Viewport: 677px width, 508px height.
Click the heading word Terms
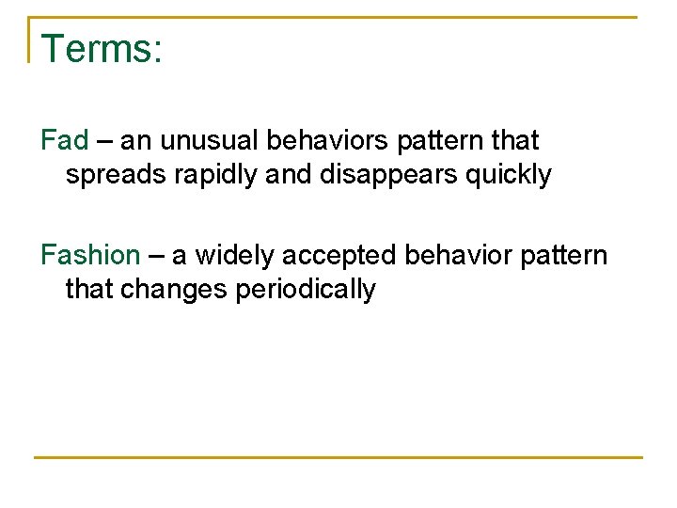pyautogui.click(x=102, y=49)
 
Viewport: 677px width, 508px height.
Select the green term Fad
pyautogui.click(x=64, y=141)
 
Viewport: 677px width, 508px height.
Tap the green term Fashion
pyautogui.click(x=89, y=255)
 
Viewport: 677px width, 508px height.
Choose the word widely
pyautogui.click(x=231, y=255)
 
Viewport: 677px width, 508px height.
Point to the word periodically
pyautogui.click(x=305, y=289)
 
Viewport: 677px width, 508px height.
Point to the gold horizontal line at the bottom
pyautogui.click(x=338, y=457)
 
